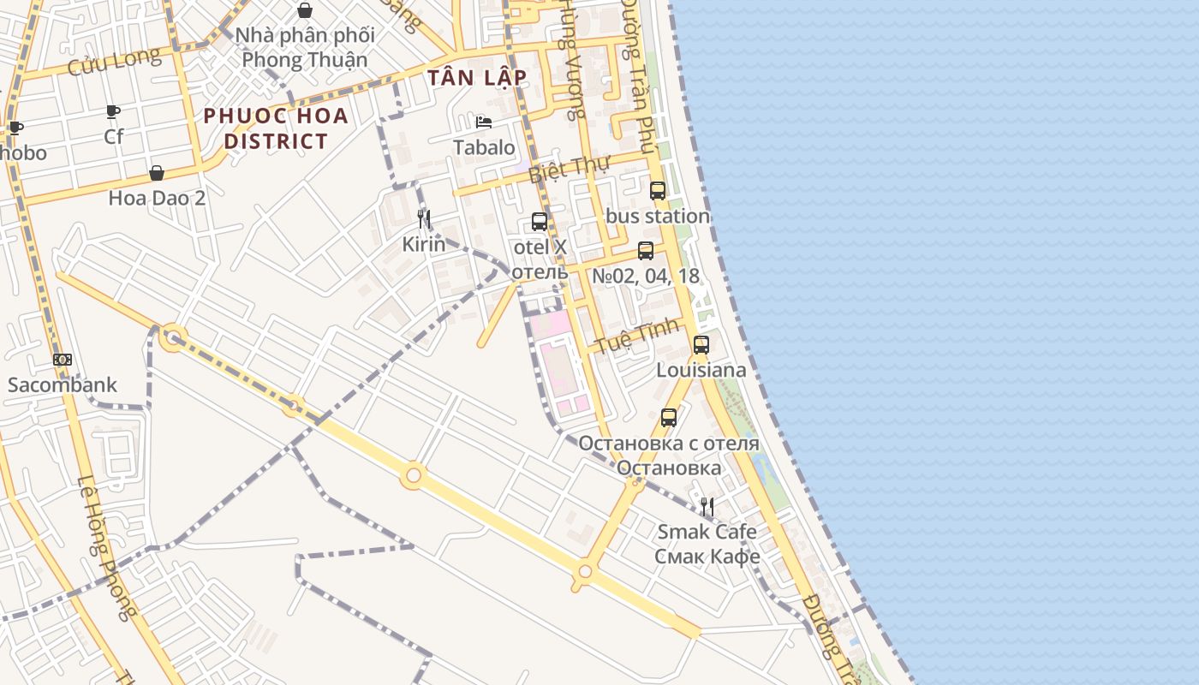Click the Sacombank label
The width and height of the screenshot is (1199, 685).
(62, 384)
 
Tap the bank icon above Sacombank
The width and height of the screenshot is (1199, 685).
(62, 360)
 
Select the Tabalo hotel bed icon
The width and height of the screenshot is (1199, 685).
(484, 122)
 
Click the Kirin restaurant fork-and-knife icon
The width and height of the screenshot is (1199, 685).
(423, 219)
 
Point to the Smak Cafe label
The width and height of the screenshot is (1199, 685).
(707, 532)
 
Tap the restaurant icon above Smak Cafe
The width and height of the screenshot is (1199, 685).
(707, 507)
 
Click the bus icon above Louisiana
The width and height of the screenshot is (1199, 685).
(701, 345)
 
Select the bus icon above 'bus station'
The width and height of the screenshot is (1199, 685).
(657, 191)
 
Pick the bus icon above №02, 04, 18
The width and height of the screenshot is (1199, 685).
(645, 251)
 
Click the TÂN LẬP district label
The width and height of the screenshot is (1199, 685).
(477, 78)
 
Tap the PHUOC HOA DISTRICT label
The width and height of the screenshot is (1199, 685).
(276, 128)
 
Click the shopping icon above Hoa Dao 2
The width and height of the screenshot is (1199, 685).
(157, 173)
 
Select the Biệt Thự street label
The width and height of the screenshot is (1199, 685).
(563, 170)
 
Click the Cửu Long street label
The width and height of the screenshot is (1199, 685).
(114, 62)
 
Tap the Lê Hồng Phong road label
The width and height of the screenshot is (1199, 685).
(107, 548)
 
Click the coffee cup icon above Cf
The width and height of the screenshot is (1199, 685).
(113, 112)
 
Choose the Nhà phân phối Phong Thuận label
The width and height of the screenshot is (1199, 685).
(305, 48)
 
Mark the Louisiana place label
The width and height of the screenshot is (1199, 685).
(701, 370)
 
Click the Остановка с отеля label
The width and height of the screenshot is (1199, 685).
(668, 444)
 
